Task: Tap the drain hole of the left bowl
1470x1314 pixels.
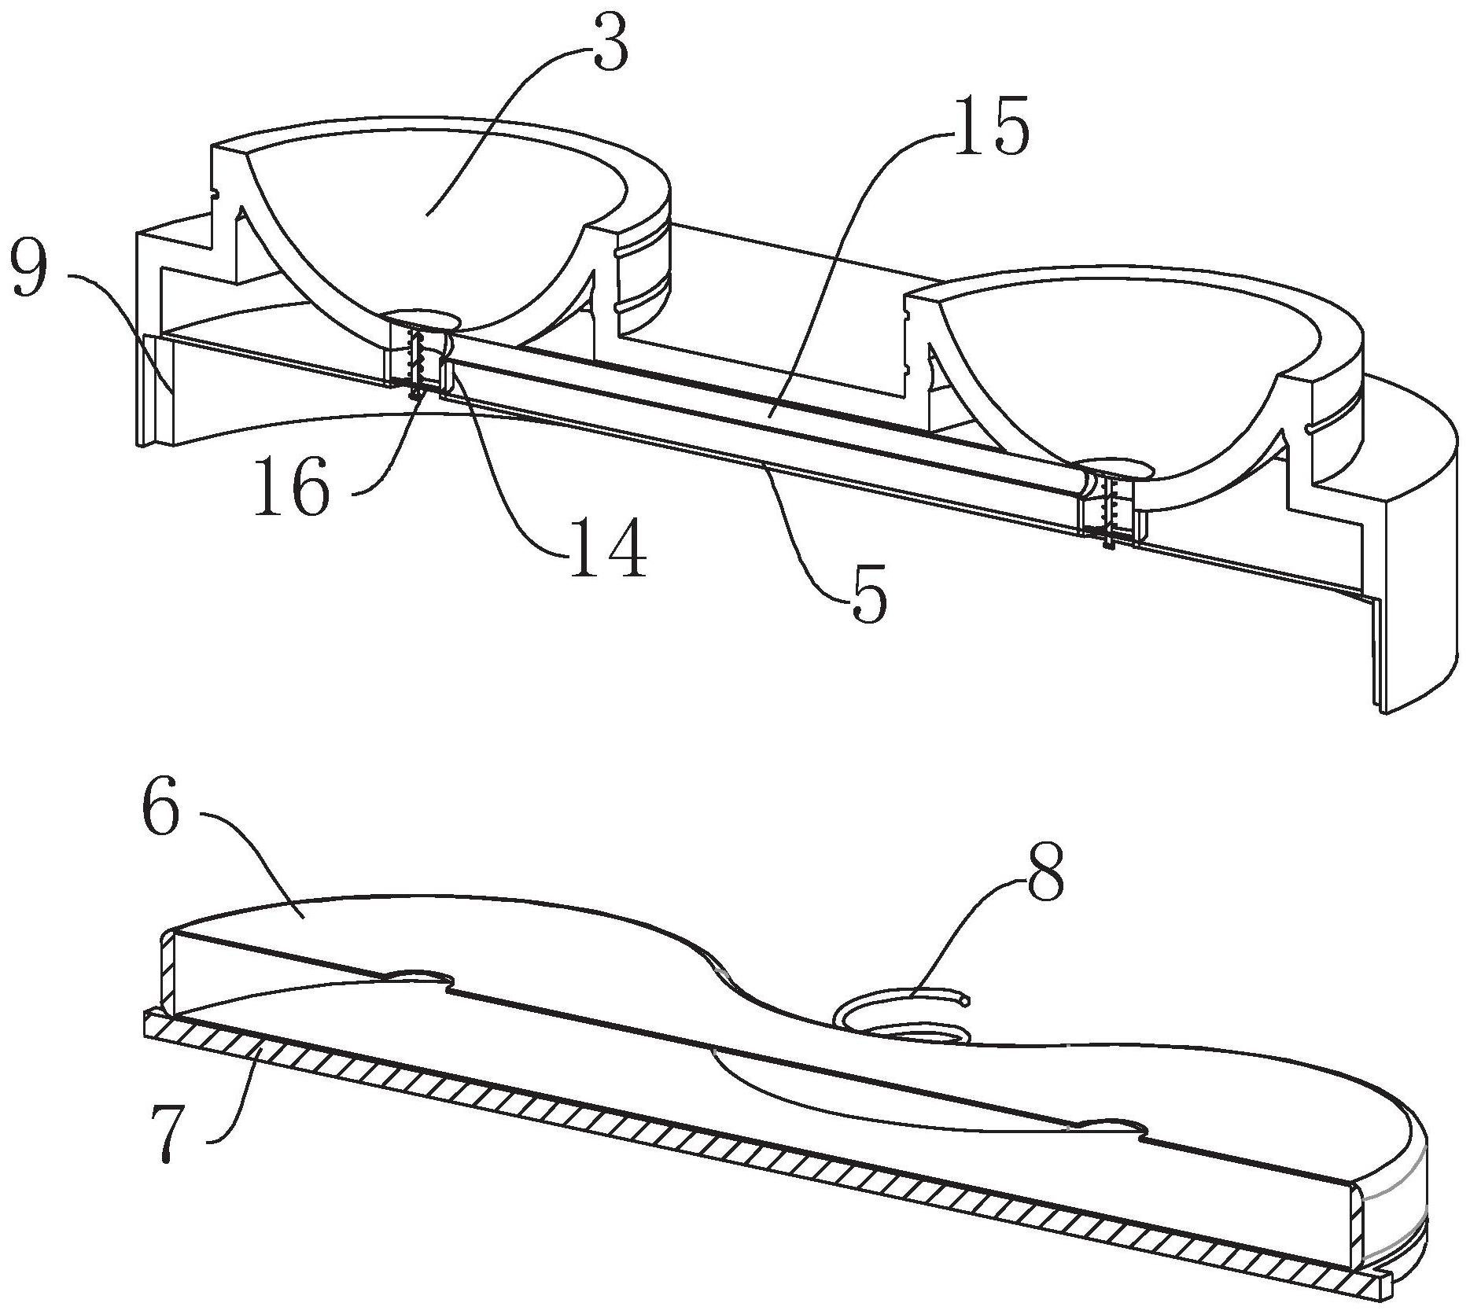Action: click(422, 318)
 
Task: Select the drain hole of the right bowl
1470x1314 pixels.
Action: click(1114, 469)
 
